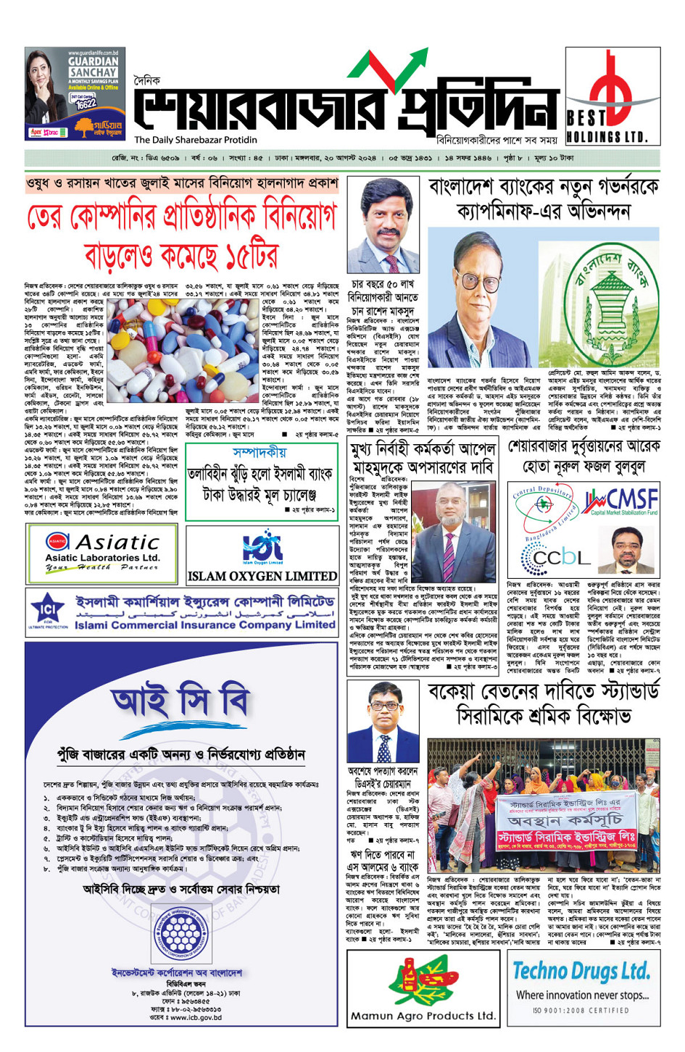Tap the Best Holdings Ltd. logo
pyautogui.click(x=613, y=95)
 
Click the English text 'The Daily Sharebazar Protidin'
pyautogui.click(x=195, y=140)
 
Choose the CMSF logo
pyautogui.click(x=621, y=501)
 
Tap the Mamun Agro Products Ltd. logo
pyautogui.click(x=423, y=988)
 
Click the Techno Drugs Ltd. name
pyautogui.click(x=581, y=970)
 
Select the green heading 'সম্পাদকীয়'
pyautogui.click(x=260, y=452)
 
